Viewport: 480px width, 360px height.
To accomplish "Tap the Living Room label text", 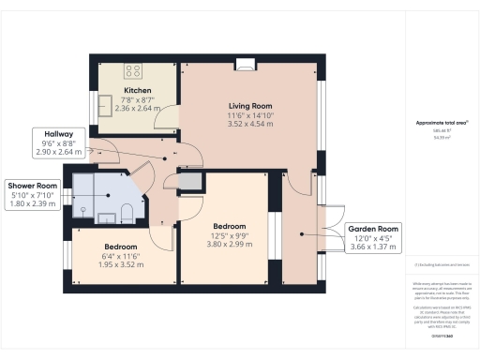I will pos(249,106).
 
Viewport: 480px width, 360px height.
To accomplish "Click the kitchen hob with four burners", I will pos(132,68).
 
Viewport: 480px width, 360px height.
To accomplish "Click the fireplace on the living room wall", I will pos(247,64).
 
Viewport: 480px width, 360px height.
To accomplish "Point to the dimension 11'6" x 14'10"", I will pos(249,114).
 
